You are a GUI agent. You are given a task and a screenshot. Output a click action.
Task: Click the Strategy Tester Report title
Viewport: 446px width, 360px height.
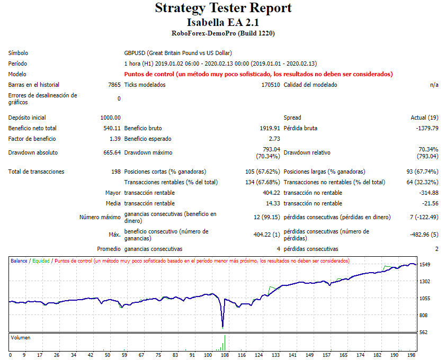pyautogui.click(x=223, y=8)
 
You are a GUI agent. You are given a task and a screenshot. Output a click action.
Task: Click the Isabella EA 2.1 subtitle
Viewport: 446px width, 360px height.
pyautogui.click(x=223, y=22)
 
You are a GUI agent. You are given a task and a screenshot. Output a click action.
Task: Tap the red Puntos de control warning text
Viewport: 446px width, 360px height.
pyautogui.click(x=258, y=74)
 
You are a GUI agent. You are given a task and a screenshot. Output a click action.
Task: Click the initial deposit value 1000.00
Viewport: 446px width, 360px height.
pyautogui.click(x=110, y=118)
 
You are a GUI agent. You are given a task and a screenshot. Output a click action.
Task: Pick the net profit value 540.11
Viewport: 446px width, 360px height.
pyautogui.click(x=112, y=128)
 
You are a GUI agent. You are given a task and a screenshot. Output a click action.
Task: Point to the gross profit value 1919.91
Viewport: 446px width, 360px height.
pyautogui.click(x=269, y=128)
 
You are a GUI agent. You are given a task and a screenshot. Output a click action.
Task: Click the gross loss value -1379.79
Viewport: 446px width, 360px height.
pyautogui.click(x=426, y=128)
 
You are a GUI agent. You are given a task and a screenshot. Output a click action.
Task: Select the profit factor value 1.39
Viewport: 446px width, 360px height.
pyautogui.click(x=115, y=139)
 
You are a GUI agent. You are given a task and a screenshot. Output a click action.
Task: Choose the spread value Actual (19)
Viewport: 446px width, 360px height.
pyautogui.click(x=424, y=118)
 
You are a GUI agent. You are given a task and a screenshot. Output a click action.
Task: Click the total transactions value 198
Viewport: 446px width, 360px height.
pyautogui.click(x=115, y=172)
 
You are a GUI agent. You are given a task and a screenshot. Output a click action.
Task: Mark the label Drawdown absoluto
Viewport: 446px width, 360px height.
pyautogui.click(x=33, y=152)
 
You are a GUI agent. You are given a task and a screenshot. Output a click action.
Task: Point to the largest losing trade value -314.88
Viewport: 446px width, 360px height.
pyautogui.click(x=428, y=193)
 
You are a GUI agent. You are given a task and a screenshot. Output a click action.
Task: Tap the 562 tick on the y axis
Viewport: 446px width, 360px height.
pyautogui.click(x=424, y=332)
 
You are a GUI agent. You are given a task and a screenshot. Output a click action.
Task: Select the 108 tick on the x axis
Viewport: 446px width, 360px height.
pyautogui.click(x=225, y=355)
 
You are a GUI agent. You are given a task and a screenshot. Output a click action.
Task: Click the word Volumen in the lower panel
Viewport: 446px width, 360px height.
pyautogui.click(x=21, y=337)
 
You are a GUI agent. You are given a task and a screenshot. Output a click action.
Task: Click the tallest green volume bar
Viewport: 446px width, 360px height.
pyautogui.click(x=225, y=343)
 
